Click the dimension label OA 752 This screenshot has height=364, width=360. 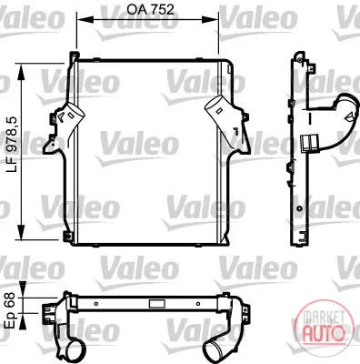click(150, 9)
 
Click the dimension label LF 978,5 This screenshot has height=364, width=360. click(13, 143)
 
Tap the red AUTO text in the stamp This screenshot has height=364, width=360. click(324, 333)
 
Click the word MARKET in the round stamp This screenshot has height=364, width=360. click(324, 317)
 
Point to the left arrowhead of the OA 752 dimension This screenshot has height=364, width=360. click(83, 20)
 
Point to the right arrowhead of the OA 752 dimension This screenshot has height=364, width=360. click(213, 20)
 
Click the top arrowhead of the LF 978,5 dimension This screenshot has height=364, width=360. click(21, 72)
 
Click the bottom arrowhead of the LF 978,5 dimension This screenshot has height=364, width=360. click(21, 232)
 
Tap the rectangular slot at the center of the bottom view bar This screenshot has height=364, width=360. click(157, 303)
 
